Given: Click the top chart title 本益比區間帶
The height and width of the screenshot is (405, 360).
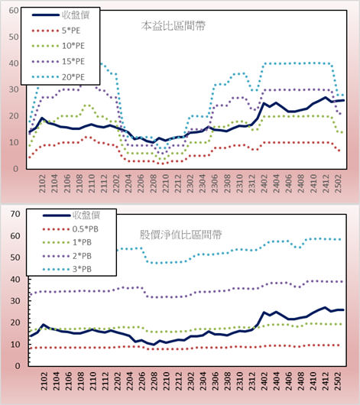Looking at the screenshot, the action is [174, 26].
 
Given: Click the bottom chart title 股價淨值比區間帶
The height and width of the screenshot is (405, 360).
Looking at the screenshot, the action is [180, 235].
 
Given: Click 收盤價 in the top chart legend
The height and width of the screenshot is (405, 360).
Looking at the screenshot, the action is [76, 15].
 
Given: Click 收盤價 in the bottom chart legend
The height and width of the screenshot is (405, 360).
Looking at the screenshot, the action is [86, 215].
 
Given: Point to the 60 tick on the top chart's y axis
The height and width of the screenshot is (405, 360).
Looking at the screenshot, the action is [14, 11].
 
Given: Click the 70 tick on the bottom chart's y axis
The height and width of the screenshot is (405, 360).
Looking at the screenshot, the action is [15, 214].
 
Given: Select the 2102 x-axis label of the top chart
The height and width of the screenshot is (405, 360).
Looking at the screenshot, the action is [42, 183].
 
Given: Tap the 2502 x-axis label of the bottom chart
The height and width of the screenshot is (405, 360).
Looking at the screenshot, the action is [338, 381].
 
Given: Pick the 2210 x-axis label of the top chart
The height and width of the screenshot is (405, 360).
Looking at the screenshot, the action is [165, 183].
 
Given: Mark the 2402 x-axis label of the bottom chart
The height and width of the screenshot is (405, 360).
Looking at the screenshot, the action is [264, 381].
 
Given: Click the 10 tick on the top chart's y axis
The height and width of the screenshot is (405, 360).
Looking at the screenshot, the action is [14, 142].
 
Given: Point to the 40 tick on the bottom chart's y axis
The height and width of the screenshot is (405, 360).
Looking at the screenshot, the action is [15, 279].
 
